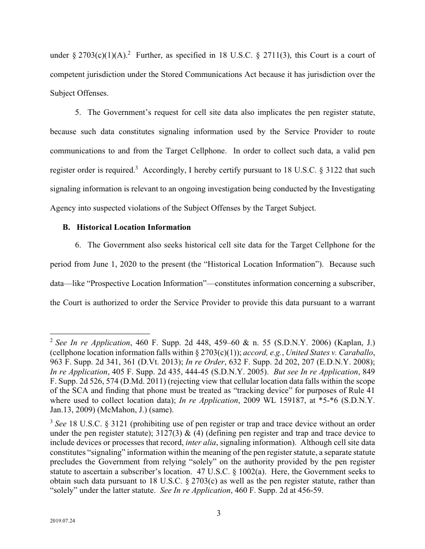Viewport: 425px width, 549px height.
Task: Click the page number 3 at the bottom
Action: [219, 514]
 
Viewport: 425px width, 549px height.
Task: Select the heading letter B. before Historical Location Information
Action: [66, 227]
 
